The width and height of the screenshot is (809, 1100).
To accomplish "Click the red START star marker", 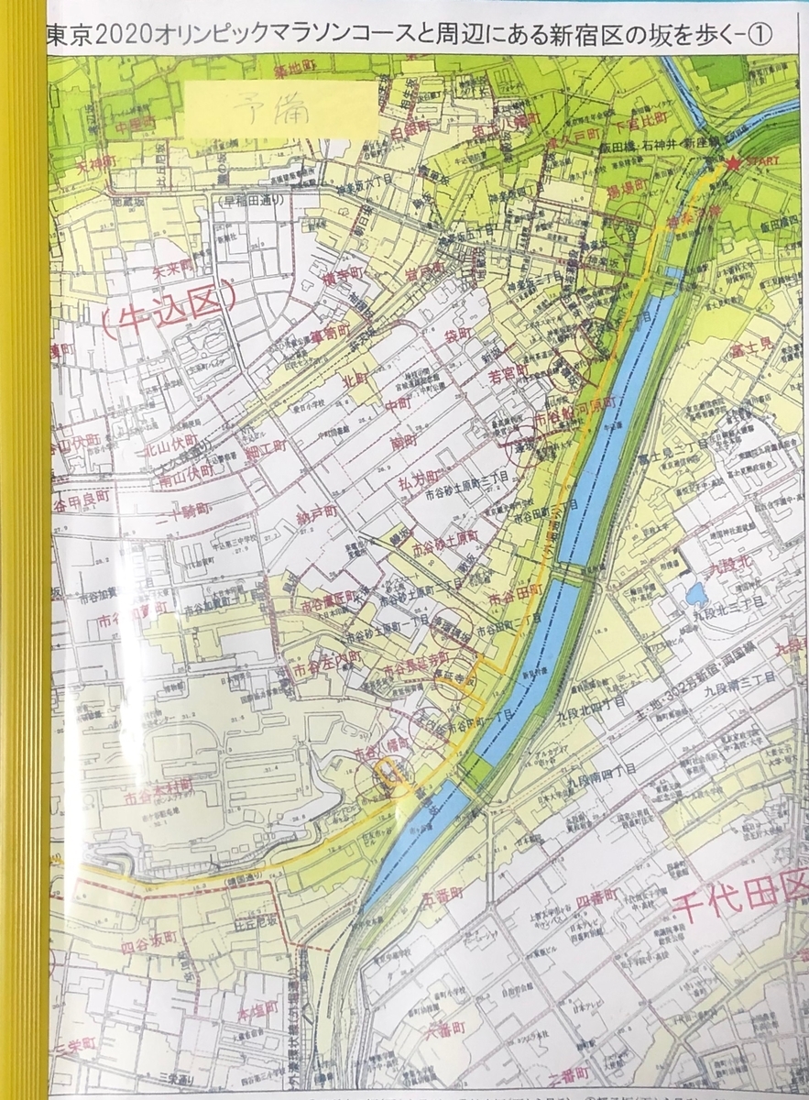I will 734,164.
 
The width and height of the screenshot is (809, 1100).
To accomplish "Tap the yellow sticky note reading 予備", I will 280,108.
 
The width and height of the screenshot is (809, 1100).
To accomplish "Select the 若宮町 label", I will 507,375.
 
